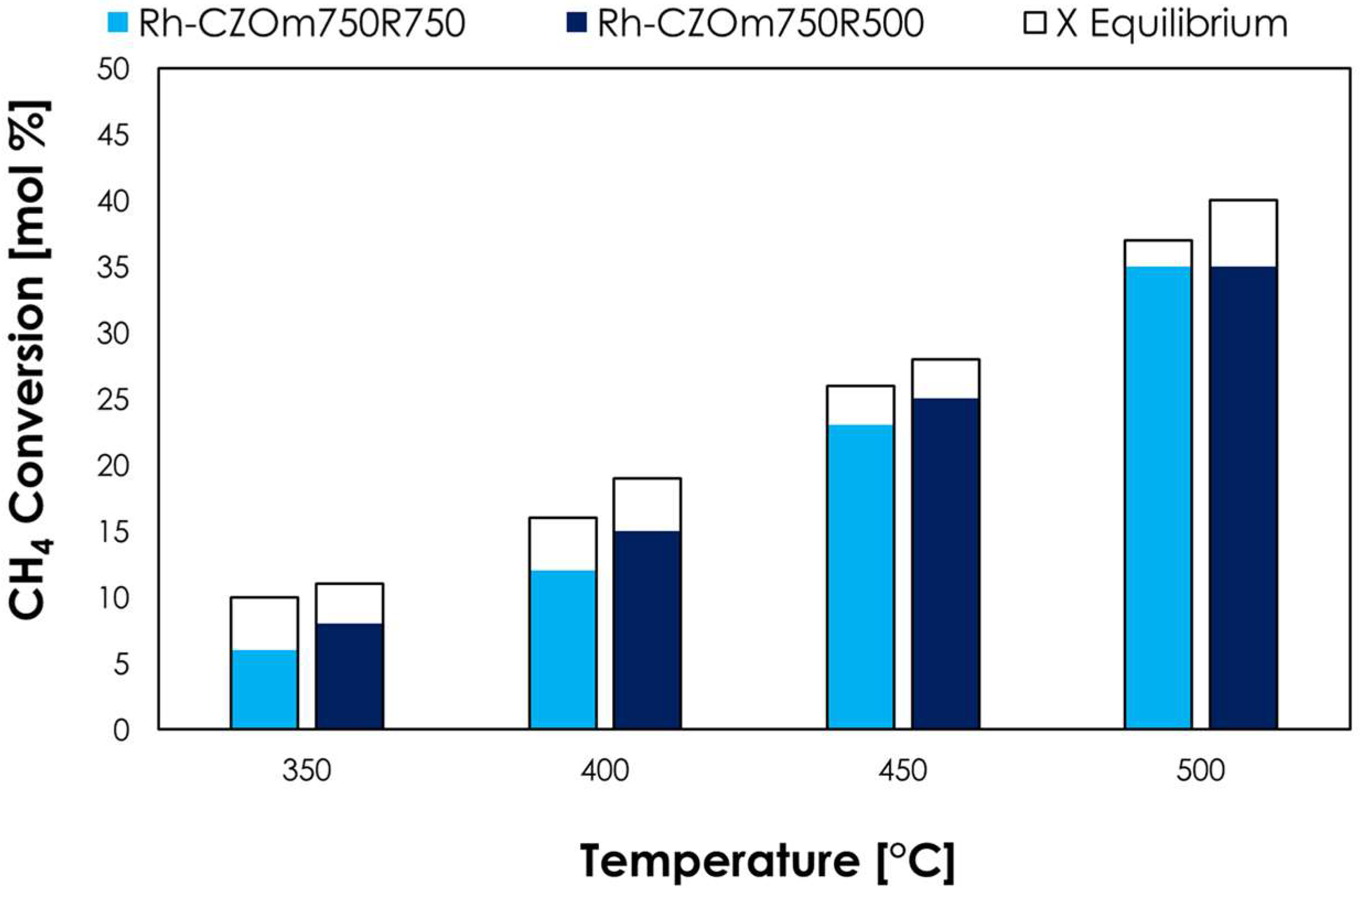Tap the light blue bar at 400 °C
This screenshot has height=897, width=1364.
coord(563,650)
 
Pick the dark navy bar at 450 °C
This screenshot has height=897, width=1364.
coord(945,564)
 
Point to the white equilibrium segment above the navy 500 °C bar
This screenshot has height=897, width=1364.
coord(1243,233)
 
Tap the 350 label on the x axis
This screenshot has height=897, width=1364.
coord(306,771)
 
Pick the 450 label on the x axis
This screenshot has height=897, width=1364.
coord(903,771)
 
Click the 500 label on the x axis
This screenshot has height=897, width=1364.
coord(1201,771)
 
